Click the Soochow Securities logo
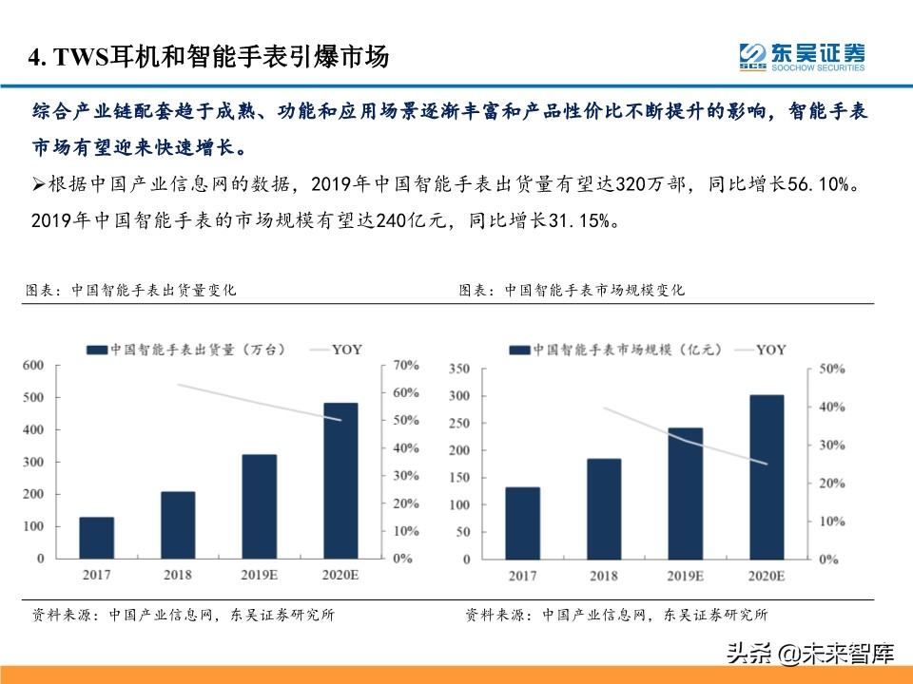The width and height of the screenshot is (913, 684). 802,56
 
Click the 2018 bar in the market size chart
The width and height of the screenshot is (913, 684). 604,509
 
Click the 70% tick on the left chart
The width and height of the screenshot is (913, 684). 407,365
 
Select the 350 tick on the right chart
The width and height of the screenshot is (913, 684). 458,369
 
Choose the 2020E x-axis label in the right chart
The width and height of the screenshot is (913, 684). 766,576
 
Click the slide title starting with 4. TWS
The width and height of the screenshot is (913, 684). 209,57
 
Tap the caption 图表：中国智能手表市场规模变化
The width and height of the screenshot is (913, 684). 571,291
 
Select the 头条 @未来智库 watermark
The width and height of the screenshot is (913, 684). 810,654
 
